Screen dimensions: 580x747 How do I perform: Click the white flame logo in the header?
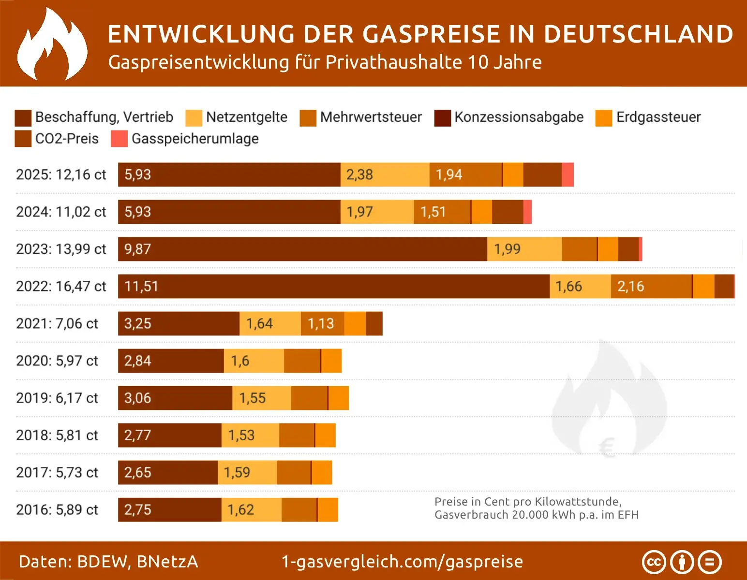point(52,44)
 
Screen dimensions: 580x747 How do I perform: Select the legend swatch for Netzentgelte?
point(194,117)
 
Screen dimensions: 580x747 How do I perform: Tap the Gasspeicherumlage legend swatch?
point(119,139)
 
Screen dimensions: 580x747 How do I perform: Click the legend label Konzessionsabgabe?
point(519,117)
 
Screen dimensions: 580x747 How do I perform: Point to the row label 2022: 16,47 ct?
point(61,286)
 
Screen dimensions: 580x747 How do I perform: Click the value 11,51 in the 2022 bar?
point(141,286)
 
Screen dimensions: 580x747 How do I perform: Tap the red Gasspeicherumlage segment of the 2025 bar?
point(568,174)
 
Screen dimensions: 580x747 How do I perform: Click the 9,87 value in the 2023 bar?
point(138,249)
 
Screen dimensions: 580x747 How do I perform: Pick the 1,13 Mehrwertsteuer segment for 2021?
point(321,323)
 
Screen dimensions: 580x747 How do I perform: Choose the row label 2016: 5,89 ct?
point(57,509)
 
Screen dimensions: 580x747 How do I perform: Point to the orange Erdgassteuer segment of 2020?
point(331,361)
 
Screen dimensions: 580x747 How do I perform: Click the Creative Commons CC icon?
point(654,562)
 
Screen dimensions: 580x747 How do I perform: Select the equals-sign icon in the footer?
point(710,562)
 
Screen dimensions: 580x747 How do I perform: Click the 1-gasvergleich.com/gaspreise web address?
point(402,562)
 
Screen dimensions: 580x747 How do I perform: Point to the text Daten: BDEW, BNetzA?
point(108,562)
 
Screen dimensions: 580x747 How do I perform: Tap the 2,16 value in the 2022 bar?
point(630,286)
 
